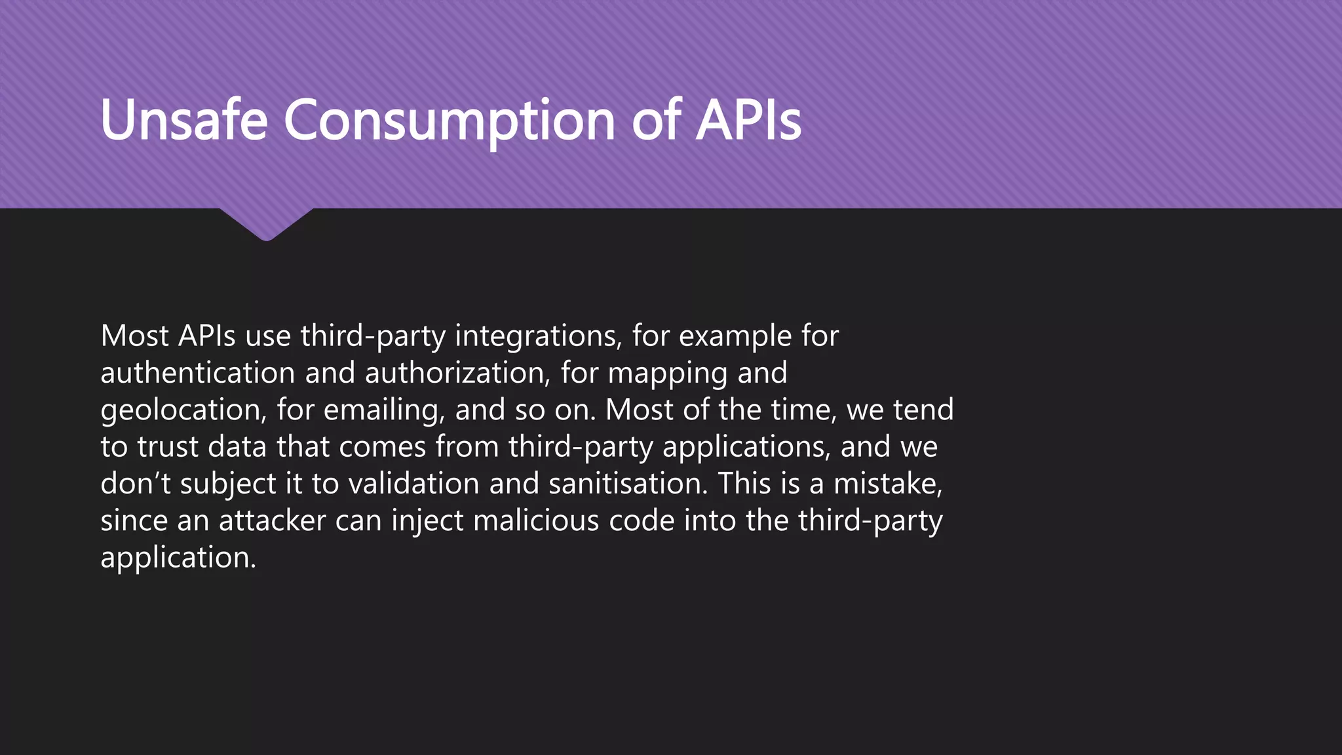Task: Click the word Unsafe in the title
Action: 184,120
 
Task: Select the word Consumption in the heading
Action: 449,121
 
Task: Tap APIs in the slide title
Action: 748,120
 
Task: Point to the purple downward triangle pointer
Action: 266,223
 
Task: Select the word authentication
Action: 198,374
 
